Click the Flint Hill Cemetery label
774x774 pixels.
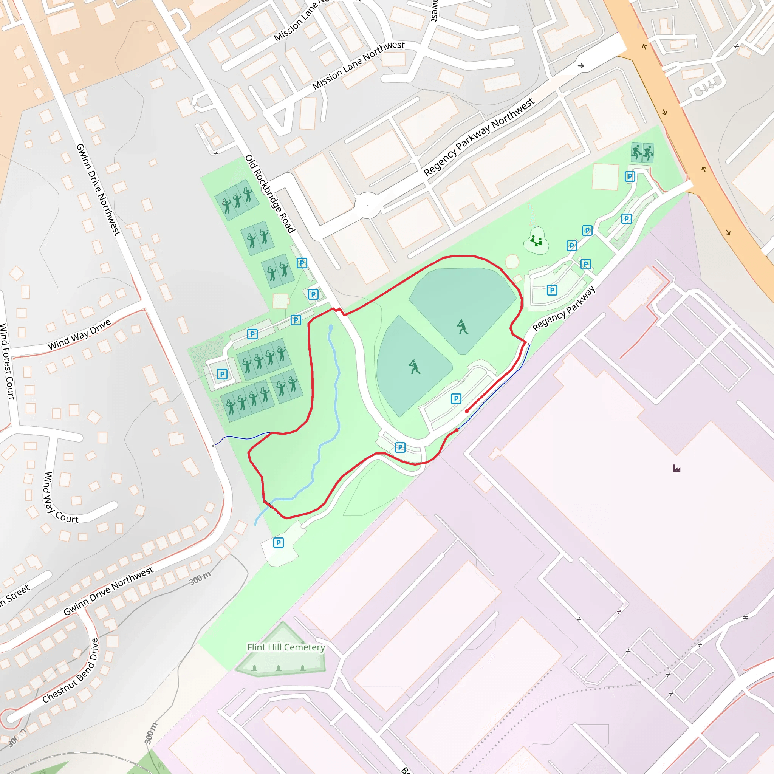pyautogui.click(x=286, y=647)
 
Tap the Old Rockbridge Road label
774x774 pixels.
pyautogui.click(x=269, y=193)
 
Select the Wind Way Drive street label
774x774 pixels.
pyautogui.click(x=79, y=334)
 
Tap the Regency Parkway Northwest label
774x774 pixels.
pyautogui.click(x=478, y=137)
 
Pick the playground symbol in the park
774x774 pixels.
pyautogui.click(x=536, y=241)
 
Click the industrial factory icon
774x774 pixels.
pyautogui.click(x=676, y=468)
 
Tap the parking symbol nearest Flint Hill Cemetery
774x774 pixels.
pyautogui.click(x=279, y=543)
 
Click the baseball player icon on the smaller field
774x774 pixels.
pyautogui.click(x=414, y=367)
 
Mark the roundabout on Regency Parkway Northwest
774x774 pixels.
pyautogui.click(x=368, y=205)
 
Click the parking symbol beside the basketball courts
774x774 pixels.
pyautogui.click(x=630, y=176)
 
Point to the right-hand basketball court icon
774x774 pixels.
pyautogui.click(x=648, y=153)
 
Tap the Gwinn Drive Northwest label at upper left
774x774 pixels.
pyautogui.click(x=98, y=189)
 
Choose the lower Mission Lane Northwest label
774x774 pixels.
pyautogui.click(x=358, y=65)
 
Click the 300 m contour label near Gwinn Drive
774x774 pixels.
pyautogui.click(x=200, y=578)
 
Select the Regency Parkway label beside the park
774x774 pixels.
pyautogui.click(x=563, y=308)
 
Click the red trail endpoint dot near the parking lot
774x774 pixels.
pyautogui.click(x=467, y=411)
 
